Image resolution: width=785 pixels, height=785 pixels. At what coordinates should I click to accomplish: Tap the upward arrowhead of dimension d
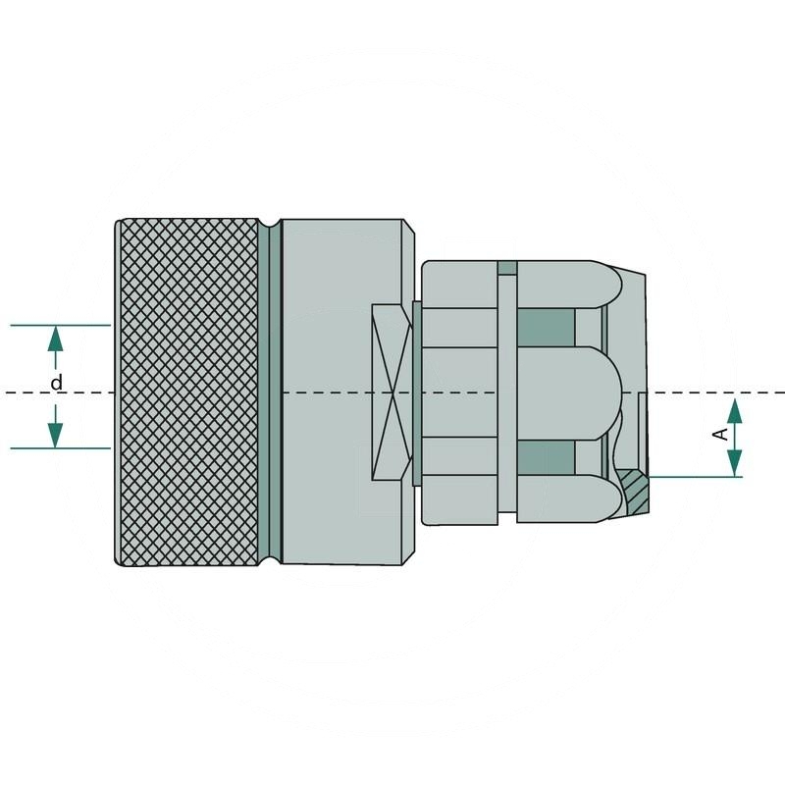pos(56,340)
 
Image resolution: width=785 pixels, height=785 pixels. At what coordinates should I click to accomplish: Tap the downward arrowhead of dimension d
pos(56,432)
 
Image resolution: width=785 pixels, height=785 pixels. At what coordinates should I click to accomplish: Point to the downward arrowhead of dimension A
pos(735,460)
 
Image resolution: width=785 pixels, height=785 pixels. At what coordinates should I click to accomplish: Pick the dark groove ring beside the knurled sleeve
pos(274,392)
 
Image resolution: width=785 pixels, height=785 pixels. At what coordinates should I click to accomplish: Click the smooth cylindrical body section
pos(339,294)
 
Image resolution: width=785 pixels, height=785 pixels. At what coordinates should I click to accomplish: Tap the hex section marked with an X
pos(392,392)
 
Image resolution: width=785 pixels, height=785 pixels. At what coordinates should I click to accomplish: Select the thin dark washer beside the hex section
pos(418,392)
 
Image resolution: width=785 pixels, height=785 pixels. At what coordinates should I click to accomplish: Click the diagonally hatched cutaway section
pos(634,488)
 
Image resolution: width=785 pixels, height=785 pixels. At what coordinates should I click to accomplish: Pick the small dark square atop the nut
pos(506,268)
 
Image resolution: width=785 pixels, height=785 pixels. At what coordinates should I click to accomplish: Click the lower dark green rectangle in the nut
pos(545,454)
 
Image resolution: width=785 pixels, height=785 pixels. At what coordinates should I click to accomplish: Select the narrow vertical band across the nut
pos(506,392)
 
